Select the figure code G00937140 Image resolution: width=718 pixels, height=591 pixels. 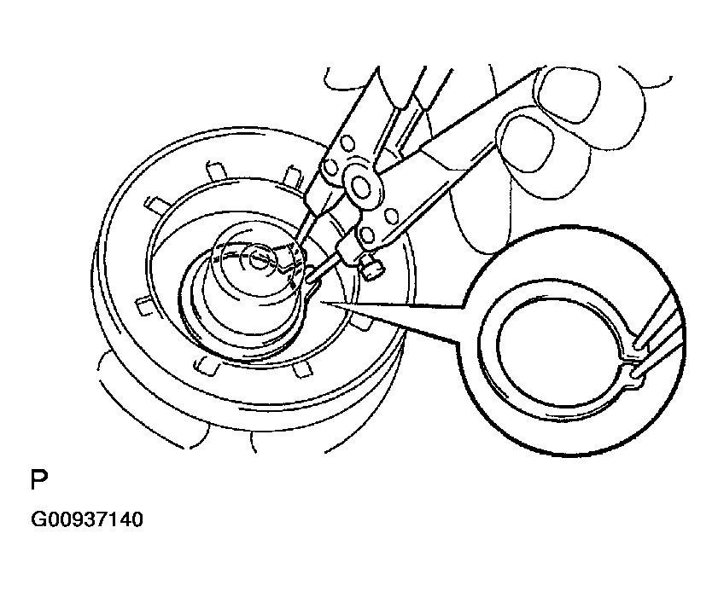point(86,519)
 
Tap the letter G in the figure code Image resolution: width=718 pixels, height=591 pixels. point(38,519)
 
